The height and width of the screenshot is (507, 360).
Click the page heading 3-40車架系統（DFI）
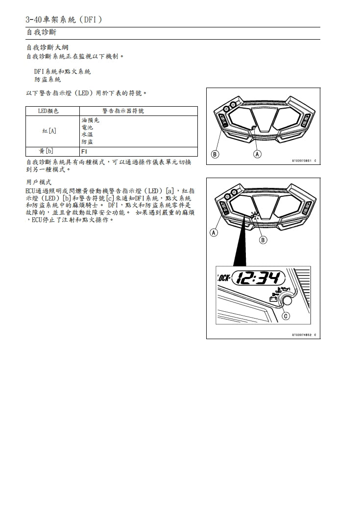point(64,20)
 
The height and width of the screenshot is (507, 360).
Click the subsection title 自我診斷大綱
point(47,48)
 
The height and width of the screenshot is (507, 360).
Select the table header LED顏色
point(48,111)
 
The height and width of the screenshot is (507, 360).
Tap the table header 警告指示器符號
point(123,111)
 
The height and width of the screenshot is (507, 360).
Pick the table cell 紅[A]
point(49,131)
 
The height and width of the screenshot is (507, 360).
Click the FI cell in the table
point(84,151)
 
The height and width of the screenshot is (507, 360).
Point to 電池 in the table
point(87,127)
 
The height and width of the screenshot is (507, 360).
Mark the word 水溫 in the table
point(87,134)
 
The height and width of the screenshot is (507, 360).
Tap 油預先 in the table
point(90,119)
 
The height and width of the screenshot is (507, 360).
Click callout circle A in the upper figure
point(258,155)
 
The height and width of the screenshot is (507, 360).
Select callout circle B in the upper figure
point(215,155)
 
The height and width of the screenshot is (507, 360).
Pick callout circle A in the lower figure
point(214,232)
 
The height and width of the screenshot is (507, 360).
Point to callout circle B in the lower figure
point(263,240)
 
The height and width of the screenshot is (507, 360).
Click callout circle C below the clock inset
point(286,316)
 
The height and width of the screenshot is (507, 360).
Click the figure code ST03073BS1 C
point(304,161)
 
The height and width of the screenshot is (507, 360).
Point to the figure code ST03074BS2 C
point(304,335)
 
